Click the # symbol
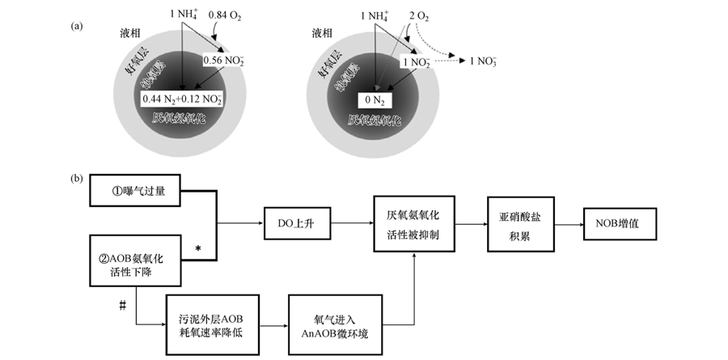[x=123, y=305]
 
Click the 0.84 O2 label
[x=225, y=14]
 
